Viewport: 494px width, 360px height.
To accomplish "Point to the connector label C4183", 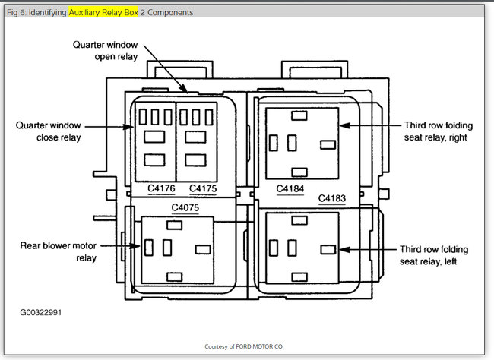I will [332, 198].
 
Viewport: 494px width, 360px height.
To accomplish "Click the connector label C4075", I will [185, 207].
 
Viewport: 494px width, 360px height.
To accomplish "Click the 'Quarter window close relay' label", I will [48, 131].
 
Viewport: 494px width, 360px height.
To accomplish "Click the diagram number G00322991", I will [42, 311].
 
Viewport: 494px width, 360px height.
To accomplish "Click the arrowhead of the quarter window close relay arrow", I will [138, 126].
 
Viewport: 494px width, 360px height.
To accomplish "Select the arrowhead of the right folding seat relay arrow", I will [341, 126].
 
